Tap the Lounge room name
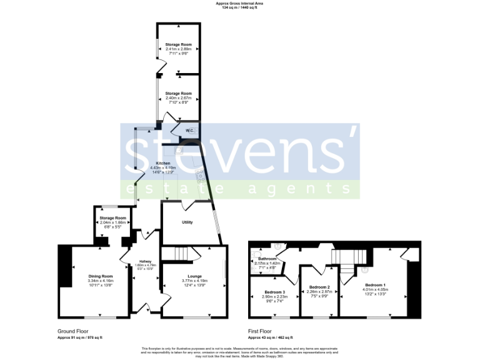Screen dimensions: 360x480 click(191, 276)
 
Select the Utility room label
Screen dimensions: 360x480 click(187, 222)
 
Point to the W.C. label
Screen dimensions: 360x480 click(189, 130)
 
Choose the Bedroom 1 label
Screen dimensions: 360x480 click(375, 285)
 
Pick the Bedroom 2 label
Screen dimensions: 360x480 click(318, 286)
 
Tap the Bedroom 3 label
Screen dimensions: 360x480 click(274, 292)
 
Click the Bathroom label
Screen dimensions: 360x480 click(268, 259)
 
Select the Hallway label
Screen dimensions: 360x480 click(145, 261)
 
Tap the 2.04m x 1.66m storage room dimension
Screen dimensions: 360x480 click(112, 222)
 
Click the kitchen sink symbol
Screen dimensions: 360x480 click(178, 150)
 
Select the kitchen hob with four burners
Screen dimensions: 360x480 click(201, 175)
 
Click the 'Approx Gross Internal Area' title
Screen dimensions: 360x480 click(240, 3)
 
